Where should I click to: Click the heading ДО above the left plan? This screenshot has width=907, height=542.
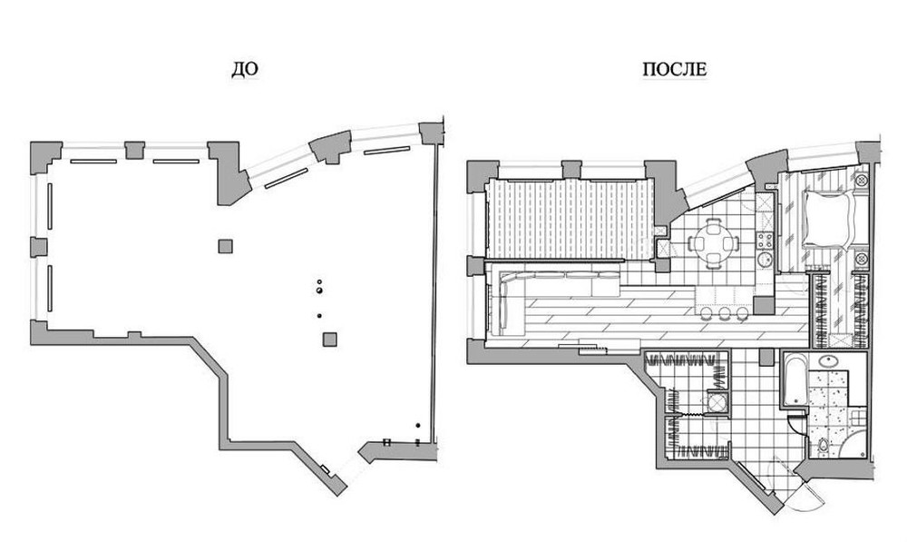pos(244,70)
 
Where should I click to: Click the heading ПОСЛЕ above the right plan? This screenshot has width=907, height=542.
pos(675,70)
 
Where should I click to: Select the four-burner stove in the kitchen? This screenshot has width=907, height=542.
pos(765,240)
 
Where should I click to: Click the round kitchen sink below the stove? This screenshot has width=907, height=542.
pos(765,259)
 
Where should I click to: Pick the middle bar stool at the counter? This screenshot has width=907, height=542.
pos(725,314)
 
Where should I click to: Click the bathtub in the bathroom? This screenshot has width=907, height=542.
pos(794,379)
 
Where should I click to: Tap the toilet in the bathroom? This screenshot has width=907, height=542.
pos(823,445)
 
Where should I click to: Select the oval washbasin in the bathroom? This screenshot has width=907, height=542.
pos(830,361)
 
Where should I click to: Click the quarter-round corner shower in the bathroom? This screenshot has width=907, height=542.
pos(852,443)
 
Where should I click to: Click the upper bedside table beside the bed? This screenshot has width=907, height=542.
pos(862,180)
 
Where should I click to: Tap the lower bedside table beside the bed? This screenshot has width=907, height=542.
pos(862,258)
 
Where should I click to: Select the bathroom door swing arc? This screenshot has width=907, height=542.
pos(797,424)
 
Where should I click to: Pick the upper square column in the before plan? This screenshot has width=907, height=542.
pos(226,246)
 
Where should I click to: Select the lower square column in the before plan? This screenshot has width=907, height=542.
pos(330,340)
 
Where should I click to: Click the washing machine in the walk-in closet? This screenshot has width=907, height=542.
pos(717,402)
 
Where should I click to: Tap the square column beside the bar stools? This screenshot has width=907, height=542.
pos(764,306)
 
